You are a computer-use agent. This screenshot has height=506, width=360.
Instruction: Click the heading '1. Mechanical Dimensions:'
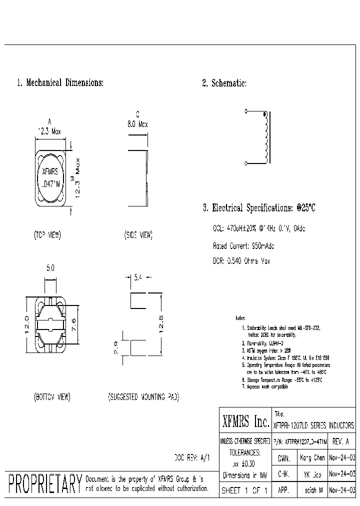pyautogui.click(x=60, y=83)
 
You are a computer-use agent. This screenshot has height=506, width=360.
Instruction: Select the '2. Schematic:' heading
pyautogui.click(x=224, y=83)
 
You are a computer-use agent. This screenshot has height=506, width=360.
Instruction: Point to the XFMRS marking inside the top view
pyautogui.click(x=49, y=171)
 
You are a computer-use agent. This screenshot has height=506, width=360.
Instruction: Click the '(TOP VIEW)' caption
pyautogui.click(x=48, y=234)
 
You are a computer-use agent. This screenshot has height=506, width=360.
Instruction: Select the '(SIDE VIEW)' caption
pyautogui.click(x=138, y=234)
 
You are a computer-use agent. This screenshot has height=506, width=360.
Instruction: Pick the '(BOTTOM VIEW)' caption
pyautogui.click(x=52, y=397)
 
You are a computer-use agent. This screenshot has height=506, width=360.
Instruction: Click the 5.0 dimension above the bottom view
pyautogui.click(x=50, y=268)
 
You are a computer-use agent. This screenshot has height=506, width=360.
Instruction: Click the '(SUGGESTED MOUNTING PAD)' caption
pyautogui.click(x=143, y=397)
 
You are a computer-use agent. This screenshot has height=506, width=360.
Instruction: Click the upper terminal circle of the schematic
pyautogui.click(x=245, y=111)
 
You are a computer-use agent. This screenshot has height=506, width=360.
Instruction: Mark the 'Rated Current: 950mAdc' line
pyautogui.click(x=243, y=246)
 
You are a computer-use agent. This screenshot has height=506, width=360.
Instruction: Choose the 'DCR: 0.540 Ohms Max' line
pyautogui.click(x=242, y=261)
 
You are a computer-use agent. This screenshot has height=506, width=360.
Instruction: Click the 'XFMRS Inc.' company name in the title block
pyautogui.click(x=245, y=423)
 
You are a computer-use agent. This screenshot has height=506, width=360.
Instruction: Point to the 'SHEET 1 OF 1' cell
pyautogui.click(x=245, y=491)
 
